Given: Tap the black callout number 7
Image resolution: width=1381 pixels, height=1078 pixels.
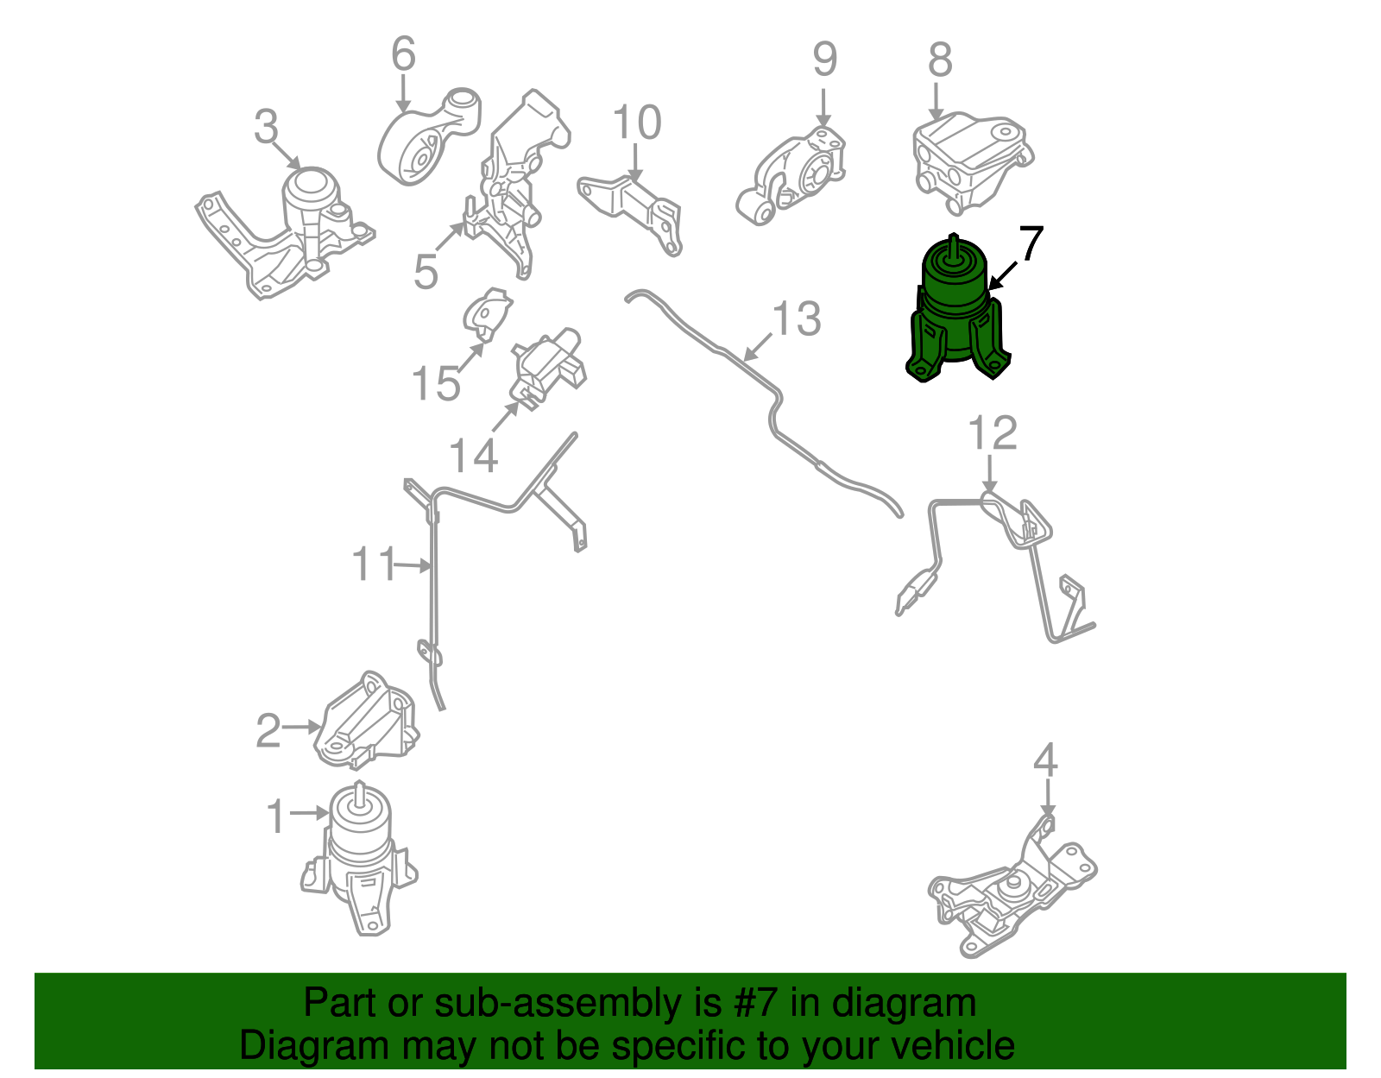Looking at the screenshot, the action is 1031,243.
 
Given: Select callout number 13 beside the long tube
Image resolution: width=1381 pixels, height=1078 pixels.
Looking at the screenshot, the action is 797,318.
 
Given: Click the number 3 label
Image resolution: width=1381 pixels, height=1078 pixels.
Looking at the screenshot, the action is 267,126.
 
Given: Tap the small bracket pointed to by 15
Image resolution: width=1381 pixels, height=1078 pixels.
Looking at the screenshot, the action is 487,314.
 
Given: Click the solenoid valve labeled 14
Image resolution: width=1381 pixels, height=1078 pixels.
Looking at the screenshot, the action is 549,369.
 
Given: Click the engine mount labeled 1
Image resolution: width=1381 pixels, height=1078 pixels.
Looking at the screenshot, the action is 360,858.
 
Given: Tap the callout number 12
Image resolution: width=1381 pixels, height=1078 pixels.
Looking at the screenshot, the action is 992,433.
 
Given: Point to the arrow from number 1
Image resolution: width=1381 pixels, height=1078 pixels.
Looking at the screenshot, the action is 308,812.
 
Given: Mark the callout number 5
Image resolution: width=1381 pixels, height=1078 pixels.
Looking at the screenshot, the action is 426,271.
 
